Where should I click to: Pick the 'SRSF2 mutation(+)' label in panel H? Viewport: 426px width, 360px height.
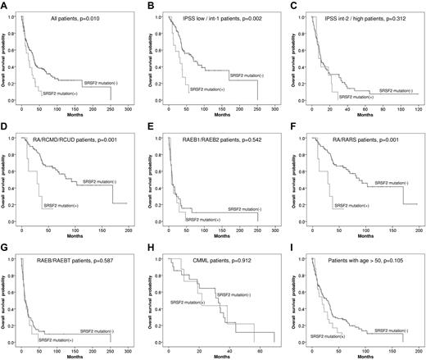pos(187,303)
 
